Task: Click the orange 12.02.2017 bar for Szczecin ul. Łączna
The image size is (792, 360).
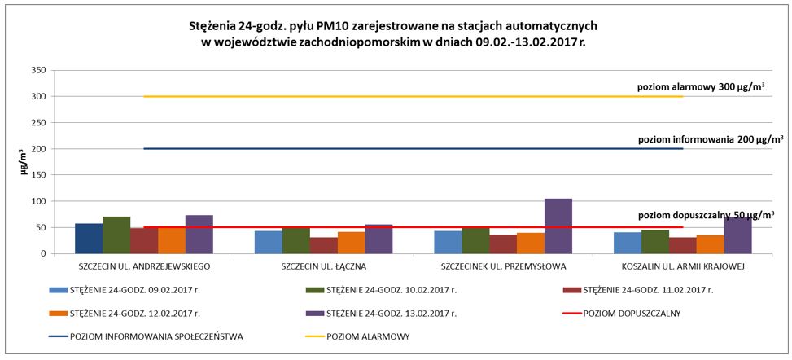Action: pos(351,243)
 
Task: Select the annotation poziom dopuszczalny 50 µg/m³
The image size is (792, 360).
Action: pos(704,215)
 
